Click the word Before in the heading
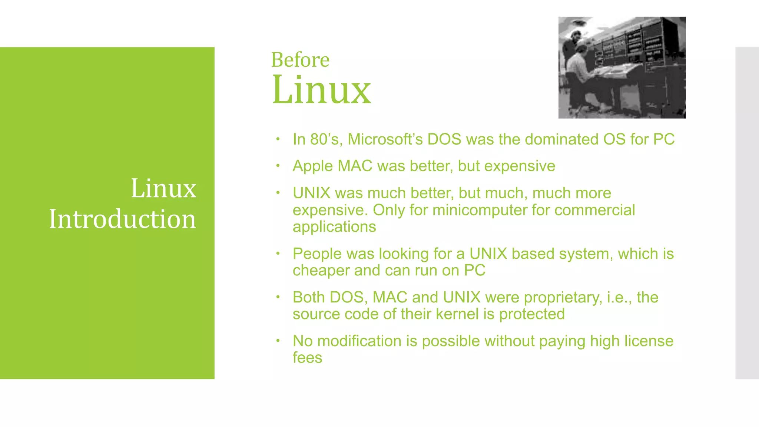click(x=300, y=60)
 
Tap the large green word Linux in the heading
click(x=321, y=90)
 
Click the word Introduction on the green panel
click(x=122, y=219)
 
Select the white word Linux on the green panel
click(x=163, y=188)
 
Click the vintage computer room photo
click(x=622, y=67)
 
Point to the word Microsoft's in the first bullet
click(x=386, y=139)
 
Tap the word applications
click(x=334, y=227)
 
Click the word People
click(x=317, y=254)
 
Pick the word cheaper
click(x=321, y=271)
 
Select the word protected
click(x=532, y=314)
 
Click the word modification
click(x=359, y=341)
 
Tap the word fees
click(x=307, y=358)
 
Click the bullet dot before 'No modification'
click(x=278, y=340)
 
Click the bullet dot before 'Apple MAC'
click(x=278, y=165)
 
